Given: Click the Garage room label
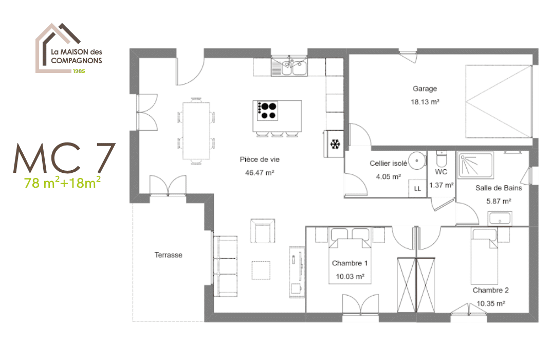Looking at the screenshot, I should pyautogui.click(x=425, y=88).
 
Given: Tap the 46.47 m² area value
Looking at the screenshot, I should pyautogui.click(x=259, y=173).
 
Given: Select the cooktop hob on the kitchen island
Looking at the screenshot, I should pyautogui.click(x=267, y=111).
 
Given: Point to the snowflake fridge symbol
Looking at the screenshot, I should pyautogui.click(x=335, y=144).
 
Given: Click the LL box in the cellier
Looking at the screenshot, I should pyautogui.click(x=417, y=188).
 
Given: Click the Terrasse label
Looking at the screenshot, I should pyautogui.click(x=168, y=255).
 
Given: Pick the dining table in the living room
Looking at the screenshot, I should pyautogui.click(x=196, y=131).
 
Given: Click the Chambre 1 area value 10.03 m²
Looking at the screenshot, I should pyautogui.click(x=350, y=276).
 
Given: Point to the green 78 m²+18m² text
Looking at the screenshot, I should pyautogui.click(x=62, y=183).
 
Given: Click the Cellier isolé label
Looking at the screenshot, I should pyautogui.click(x=389, y=164).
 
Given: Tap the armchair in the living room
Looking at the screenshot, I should pyautogui.click(x=262, y=231).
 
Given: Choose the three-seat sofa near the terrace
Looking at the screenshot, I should pyautogui.click(x=225, y=266).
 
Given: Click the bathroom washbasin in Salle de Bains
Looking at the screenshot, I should pyautogui.click(x=500, y=218).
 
